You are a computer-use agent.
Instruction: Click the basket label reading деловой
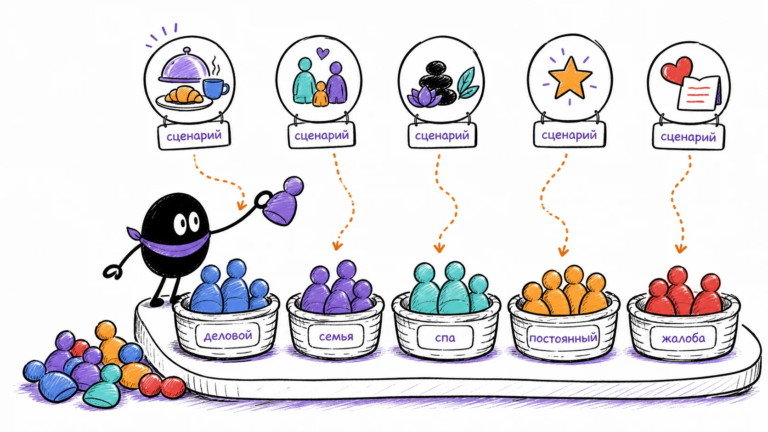coord(228,336)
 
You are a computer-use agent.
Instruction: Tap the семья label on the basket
coord(336,337)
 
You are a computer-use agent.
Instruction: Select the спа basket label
coord(445,338)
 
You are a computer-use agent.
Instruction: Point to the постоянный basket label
coord(563,339)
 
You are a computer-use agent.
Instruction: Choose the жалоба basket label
coord(683,338)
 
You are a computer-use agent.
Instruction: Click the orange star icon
coord(570,78)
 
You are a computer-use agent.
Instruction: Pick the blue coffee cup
coord(215,89)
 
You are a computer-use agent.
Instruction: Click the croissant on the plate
coord(184,95)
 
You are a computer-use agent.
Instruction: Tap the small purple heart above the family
coord(322,53)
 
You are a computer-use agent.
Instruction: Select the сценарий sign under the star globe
coord(570,135)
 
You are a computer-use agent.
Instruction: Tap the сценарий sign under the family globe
coord(322,136)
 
